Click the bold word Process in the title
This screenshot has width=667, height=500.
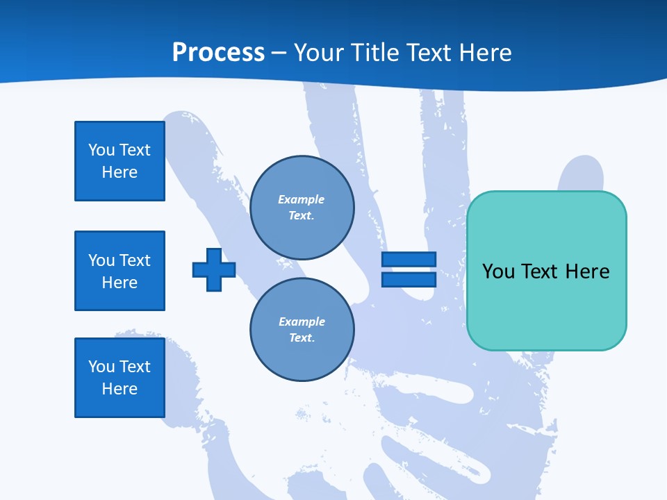coord(218,53)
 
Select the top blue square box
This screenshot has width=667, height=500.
coord(120,161)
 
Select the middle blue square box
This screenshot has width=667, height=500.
coord(120,271)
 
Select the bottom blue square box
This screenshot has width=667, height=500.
coord(120,378)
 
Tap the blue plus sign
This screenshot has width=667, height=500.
coord(214,269)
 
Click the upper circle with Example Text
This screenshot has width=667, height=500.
coord(302,208)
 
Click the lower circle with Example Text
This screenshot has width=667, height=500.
coord(302,330)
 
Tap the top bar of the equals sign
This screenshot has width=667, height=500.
coord(409,260)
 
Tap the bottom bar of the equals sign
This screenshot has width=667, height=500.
coord(409,280)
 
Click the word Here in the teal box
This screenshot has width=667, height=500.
coord(587,272)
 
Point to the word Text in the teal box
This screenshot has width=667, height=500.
coord(541,272)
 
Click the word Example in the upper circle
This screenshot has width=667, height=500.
coord(301,200)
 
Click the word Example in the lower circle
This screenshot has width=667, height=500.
coord(302,322)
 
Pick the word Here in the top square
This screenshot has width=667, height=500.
coord(120,173)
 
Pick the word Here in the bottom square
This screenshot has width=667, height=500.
coord(120,390)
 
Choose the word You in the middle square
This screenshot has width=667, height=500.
coord(101,260)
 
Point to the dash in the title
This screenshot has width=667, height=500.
coord(279,53)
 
